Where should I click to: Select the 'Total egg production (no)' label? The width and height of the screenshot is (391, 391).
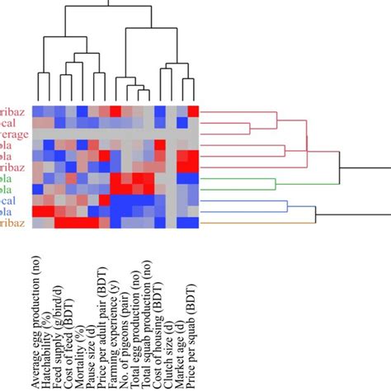[x=138, y=323]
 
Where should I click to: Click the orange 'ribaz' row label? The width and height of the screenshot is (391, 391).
[x=13, y=223]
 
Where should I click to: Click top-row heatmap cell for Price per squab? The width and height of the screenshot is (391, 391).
[x=194, y=111]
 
